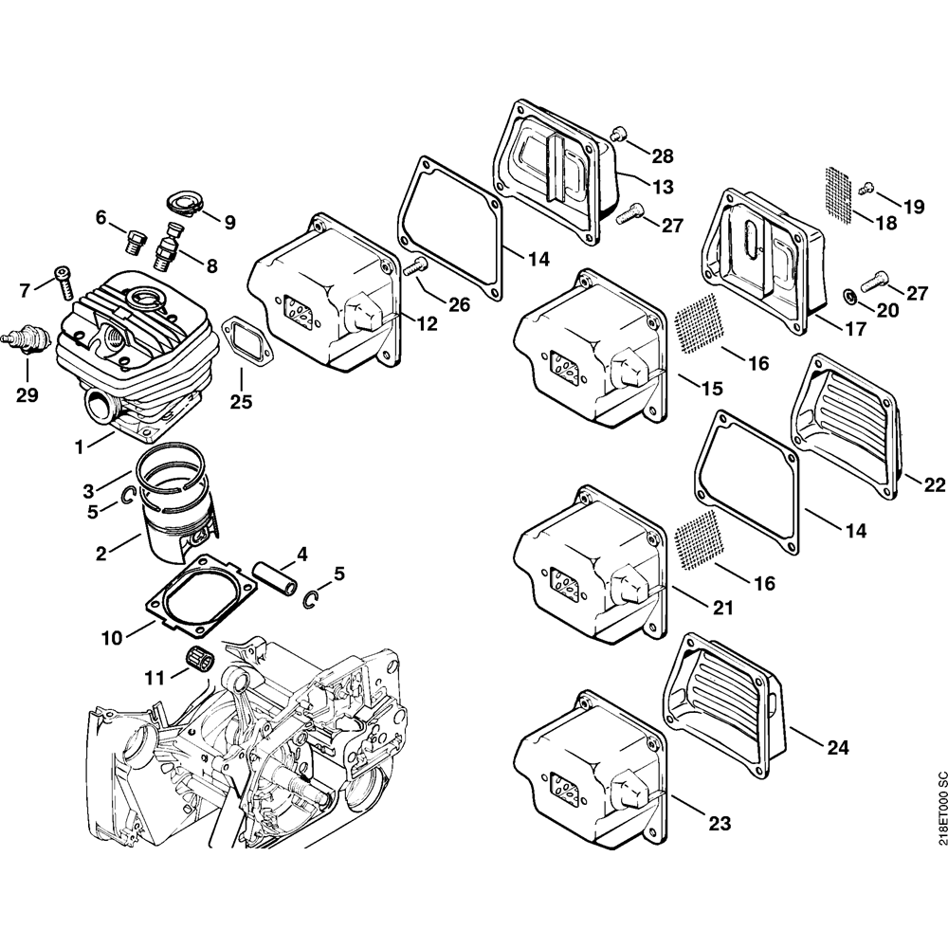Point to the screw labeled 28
point(618,135)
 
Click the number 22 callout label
point(934,484)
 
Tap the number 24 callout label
point(836,747)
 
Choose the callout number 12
point(427,324)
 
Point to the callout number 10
point(112,638)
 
